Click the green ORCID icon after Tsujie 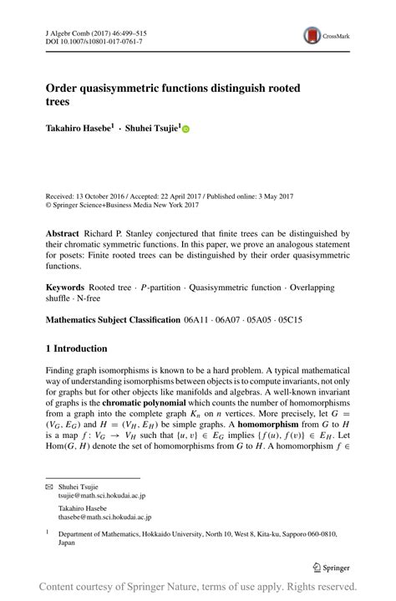185,130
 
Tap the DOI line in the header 93,40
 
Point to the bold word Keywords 66,287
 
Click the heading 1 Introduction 76,348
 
